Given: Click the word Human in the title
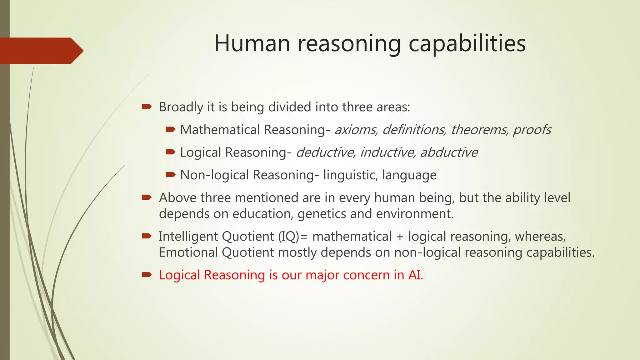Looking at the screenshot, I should tap(252, 43).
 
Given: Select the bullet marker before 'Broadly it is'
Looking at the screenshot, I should tap(147, 107).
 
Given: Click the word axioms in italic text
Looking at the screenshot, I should tap(356, 130).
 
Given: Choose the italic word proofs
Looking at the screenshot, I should tap(532, 130).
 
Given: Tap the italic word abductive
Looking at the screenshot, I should tap(449, 152).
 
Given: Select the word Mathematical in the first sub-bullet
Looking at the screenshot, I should tap(220, 130).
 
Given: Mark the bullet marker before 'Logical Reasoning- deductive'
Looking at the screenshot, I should tap(171, 152).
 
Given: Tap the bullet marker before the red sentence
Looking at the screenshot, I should tap(147, 275).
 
